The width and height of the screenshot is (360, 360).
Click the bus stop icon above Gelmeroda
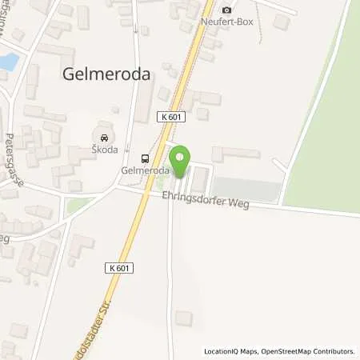coord(145,158)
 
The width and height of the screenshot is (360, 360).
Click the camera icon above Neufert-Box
coord(226,9)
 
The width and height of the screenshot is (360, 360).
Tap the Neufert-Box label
coord(226,22)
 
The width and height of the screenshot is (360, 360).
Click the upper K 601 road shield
coord(173,117)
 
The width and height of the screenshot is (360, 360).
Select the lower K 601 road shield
coord(118,268)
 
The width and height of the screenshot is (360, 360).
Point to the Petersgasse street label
coord(15,160)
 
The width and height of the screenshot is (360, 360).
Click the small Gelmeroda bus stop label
coord(145,171)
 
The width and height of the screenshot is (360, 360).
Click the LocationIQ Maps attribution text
coord(230,351)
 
